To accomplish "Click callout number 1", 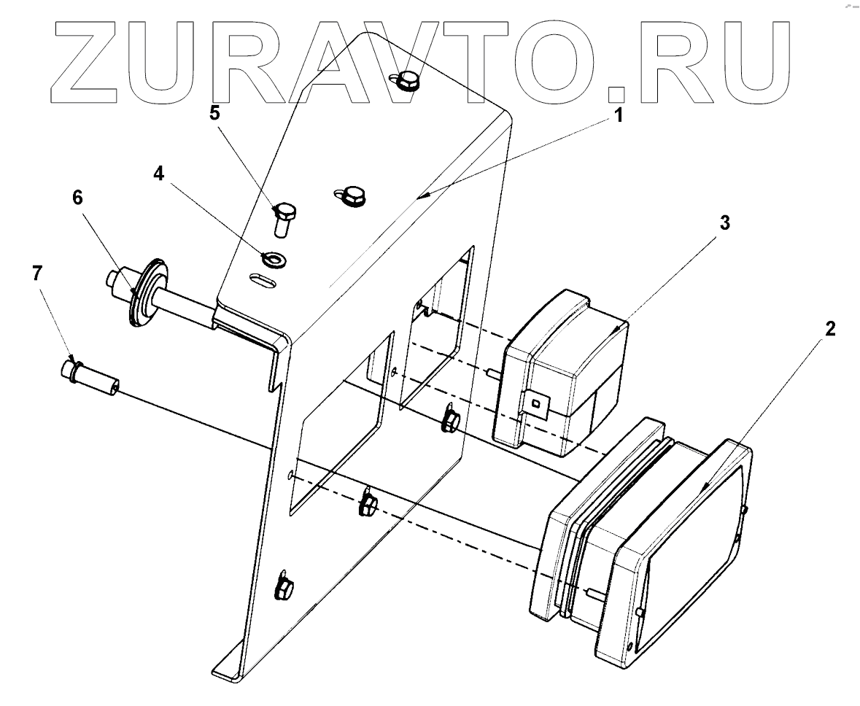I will [x=618, y=115].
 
